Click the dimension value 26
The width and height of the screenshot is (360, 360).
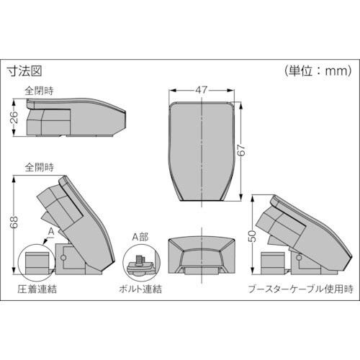[14, 118]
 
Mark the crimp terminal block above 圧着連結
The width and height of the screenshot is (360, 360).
[34, 262]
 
